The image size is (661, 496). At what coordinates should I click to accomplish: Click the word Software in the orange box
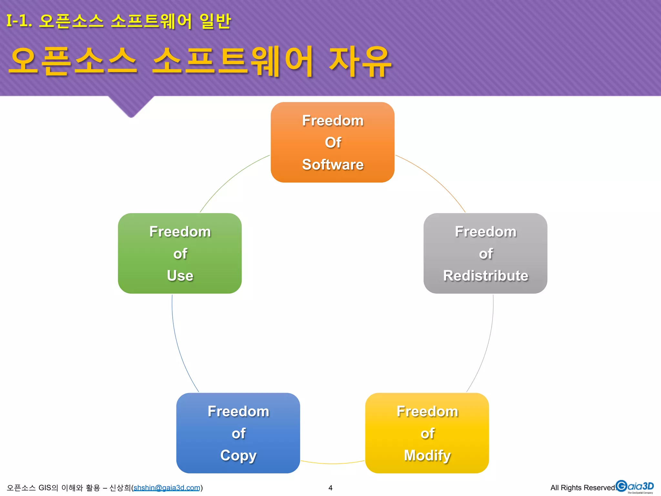tap(333, 165)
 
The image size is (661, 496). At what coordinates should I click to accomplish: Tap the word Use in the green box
tap(180, 276)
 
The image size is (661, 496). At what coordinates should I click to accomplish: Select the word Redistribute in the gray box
tap(485, 276)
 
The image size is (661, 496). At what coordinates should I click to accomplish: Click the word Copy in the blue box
tap(238, 456)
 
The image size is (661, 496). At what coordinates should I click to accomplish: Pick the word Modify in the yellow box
tap(427, 456)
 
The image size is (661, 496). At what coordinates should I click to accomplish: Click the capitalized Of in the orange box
tap(333, 142)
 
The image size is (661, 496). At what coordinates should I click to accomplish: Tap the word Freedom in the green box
tap(180, 232)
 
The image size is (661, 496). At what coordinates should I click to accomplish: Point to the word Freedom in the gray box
tap(485, 232)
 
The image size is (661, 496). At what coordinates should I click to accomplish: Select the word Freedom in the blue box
tap(238, 411)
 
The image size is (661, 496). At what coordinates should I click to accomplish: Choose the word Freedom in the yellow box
tap(427, 411)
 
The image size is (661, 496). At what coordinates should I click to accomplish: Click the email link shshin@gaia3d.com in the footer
tap(167, 488)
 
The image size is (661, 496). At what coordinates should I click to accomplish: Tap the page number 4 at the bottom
tap(330, 488)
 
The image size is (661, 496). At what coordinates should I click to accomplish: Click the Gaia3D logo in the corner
tap(635, 487)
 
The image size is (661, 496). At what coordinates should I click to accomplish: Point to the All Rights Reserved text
tap(583, 488)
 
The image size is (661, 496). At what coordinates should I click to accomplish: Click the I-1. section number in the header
tap(19, 21)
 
